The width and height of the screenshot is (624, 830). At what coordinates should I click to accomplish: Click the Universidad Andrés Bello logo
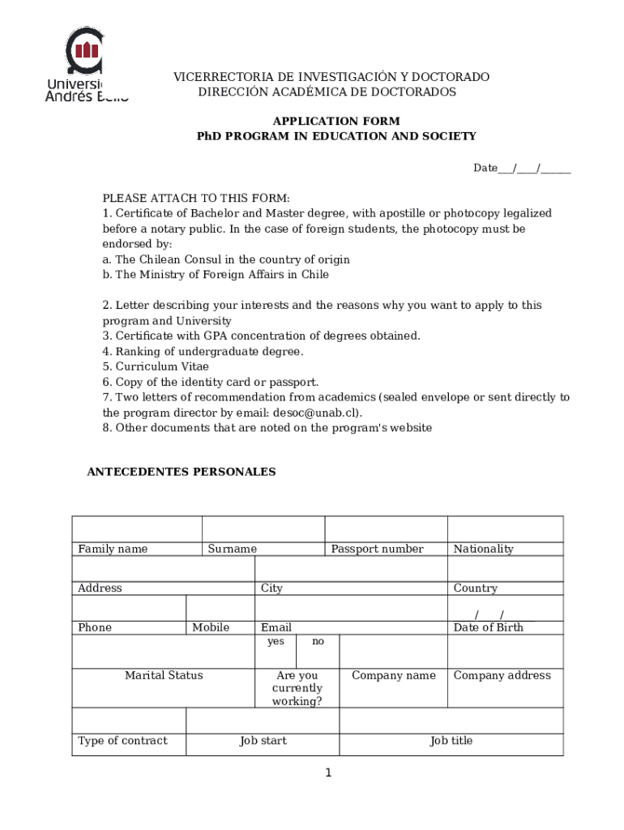point(85,65)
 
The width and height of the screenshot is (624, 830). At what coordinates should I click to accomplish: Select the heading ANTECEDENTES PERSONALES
point(182,472)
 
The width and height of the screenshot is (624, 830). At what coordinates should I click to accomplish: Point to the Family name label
point(113,549)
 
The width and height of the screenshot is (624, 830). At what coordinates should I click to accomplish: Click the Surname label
point(232,549)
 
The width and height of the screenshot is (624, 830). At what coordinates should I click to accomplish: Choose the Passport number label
point(377,549)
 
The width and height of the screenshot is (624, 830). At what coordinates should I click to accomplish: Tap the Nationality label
point(484,549)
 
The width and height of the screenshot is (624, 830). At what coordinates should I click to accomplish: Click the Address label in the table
point(100,588)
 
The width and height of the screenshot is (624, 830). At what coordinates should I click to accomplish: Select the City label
point(271,588)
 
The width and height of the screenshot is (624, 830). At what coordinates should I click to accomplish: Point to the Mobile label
point(211,627)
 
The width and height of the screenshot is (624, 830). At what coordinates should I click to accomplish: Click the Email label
point(276,627)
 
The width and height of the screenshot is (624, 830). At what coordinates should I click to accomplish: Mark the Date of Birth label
point(489,627)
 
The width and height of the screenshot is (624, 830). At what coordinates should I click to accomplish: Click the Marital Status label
point(164,675)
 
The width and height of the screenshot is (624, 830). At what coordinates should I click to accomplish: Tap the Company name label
point(393,675)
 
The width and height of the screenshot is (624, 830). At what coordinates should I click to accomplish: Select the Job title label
point(451,741)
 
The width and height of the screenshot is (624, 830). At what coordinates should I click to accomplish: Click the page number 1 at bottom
point(328,773)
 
